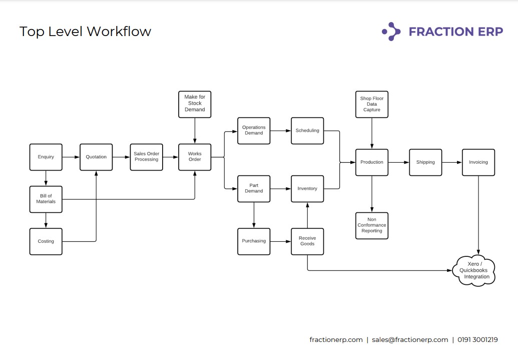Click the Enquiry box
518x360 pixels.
click(x=46, y=157)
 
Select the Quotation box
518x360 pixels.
click(x=96, y=157)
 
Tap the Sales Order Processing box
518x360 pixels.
click(x=146, y=157)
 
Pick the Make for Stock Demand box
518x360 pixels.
click(x=195, y=104)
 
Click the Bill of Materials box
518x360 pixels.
click(x=46, y=199)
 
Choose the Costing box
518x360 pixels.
click(x=46, y=241)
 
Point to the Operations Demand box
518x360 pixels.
click(x=254, y=131)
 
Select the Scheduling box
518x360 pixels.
click(x=307, y=131)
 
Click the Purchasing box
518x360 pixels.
click(x=254, y=241)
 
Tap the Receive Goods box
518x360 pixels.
click(x=307, y=241)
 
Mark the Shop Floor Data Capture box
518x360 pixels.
click(x=372, y=104)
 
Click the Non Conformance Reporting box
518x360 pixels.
click(x=372, y=226)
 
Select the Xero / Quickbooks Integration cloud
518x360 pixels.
click(x=474, y=271)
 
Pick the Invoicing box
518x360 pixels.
click(x=478, y=162)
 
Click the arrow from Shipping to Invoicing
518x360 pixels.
click(x=452, y=162)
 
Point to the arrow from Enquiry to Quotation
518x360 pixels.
click(x=71, y=157)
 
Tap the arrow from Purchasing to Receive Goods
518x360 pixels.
click(x=281, y=241)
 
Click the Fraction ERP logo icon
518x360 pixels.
click(x=391, y=32)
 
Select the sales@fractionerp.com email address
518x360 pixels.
click(x=410, y=339)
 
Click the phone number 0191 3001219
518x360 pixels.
click(x=477, y=339)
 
